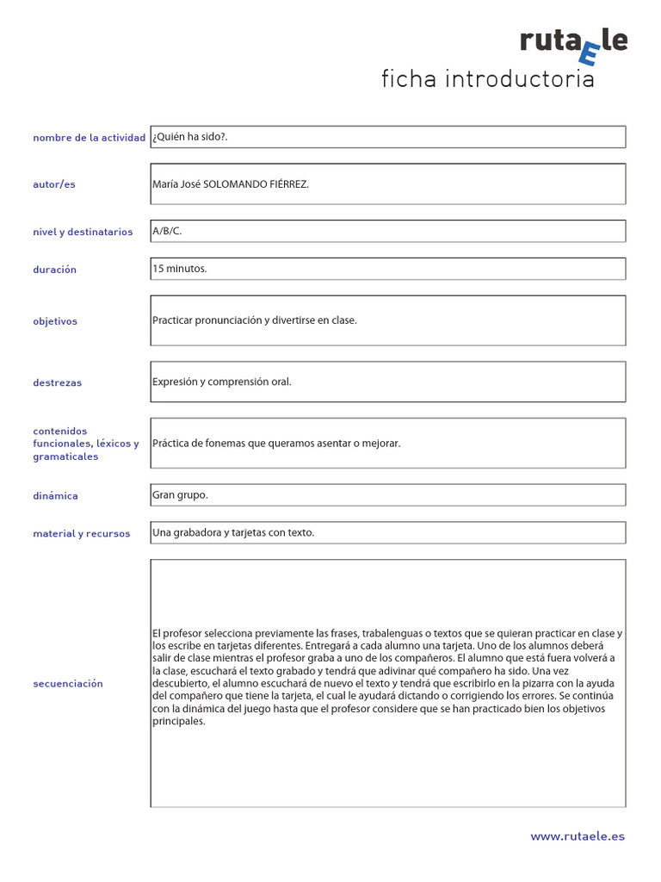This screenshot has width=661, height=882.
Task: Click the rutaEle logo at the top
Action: point(573,44)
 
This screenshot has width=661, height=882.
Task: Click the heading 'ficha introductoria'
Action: point(488,80)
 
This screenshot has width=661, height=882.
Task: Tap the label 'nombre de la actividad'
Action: point(89,138)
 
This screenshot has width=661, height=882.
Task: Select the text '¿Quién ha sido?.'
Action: point(189,137)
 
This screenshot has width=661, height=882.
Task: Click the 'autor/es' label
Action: point(54,184)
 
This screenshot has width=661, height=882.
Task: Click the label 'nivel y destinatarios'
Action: point(83,232)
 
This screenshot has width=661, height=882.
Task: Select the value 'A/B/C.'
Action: point(167,231)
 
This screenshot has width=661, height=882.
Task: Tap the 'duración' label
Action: point(54,270)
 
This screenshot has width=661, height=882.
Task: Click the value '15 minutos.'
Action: point(180,269)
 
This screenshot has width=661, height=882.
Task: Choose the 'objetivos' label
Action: point(55,321)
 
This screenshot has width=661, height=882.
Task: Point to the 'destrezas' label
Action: point(57,382)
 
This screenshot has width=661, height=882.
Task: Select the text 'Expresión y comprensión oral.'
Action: point(222,382)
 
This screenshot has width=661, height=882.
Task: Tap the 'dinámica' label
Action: point(55,496)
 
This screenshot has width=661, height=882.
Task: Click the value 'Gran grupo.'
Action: point(180,495)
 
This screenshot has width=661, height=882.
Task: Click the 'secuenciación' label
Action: point(68,684)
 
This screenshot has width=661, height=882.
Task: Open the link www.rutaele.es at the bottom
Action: point(578,835)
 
